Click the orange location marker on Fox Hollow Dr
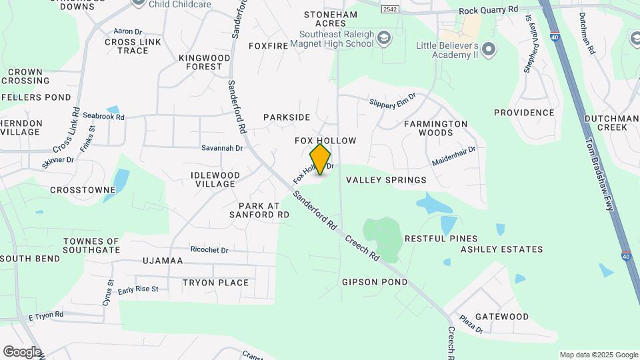[321, 159]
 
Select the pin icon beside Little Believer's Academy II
[489, 49]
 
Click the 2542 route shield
[390, 10]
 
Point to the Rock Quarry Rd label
[488, 11]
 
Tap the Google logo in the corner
[21, 351]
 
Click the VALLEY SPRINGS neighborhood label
[386, 180]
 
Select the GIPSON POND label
[375, 282]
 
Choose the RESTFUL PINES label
[441, 239]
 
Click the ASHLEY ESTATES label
[501, 249]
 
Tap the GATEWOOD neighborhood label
[502, 317]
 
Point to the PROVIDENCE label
[523, 113]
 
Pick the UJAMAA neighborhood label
[162, 261]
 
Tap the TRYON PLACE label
[215, 283]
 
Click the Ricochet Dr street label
[209, 251]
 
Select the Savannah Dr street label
[222, 148]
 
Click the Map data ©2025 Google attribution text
[598, 355]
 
